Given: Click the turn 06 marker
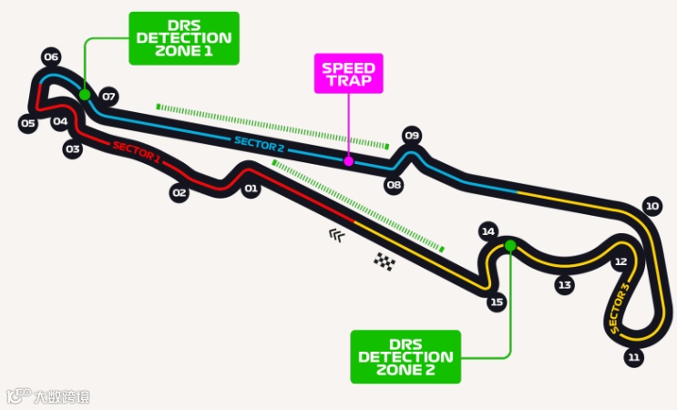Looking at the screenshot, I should pyautogui.click(x=51, y=57).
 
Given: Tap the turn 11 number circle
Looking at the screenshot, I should pyautogui.click(x=634, y=356).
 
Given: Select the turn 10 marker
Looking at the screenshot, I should pyautogui.click(x=651, y=206).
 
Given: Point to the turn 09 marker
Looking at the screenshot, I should pyautogui.click(x=412, y=137).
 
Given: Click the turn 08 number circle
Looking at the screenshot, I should pyautogui.click(x=394, y=185).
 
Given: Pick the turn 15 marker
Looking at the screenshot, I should pyautogui.click(x=496, y=302).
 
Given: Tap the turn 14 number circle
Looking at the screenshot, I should pyautogui.click(x=488, y=232).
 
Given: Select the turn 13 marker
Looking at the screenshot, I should pyautogui.click(x=565, y=285).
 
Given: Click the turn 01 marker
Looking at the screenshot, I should pyautogui.click(x=251, y=190).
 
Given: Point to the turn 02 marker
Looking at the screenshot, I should pyautogui.click(x=180, y=192).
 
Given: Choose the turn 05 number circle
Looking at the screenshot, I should pyautogui.click(x=28, y=123).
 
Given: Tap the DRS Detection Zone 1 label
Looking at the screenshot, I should pyautogui.click(x=184, y=38).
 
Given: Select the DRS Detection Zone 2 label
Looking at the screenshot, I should pyautogui.click(x=405, y=356).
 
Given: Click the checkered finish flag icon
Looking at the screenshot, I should pyautogui.click(x=385, y=261).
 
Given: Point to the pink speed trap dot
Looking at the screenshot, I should pyautogui.click(x=348, y=161).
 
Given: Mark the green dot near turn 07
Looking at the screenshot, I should pyautogui.click(x=84, y=94).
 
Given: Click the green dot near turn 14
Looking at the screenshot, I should pyautogui.click(x=510, y=245).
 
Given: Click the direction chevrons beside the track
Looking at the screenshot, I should pyautogui.click(x=338, y=235).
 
